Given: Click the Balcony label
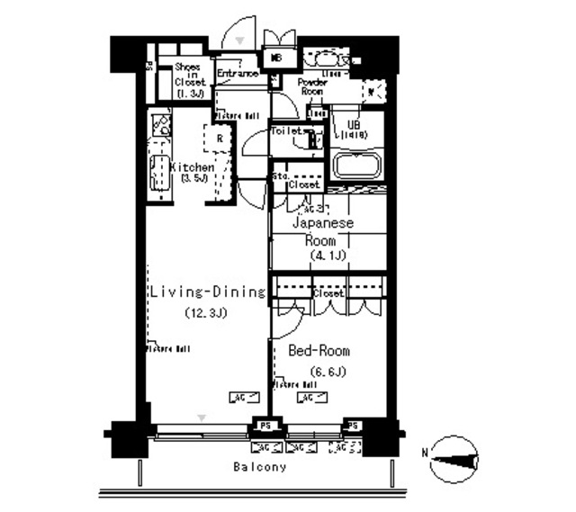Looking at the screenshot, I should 259,467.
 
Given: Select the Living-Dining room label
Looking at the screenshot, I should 207,292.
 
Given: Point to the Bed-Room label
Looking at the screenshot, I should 319,351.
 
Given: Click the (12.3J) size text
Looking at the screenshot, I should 205,313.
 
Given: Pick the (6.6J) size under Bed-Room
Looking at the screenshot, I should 328,372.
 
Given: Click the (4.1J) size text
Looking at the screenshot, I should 328,256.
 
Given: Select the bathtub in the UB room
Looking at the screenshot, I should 358,166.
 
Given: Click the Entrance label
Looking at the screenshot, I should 238,74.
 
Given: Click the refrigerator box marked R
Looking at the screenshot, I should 219,139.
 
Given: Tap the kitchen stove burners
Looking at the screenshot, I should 160,123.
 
